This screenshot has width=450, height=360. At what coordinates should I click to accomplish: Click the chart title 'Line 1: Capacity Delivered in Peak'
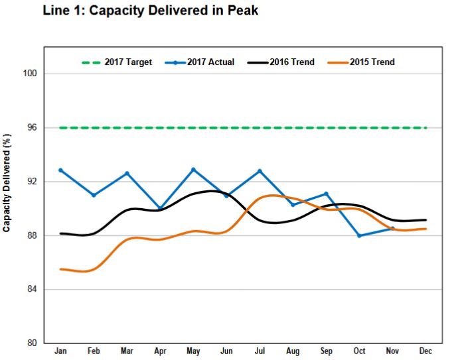(149, 11)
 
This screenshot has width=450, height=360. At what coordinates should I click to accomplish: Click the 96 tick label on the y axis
(32, 127)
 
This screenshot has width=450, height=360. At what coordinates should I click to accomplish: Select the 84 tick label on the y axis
(32, 290)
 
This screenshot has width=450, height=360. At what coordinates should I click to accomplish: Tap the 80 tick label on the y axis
(32, 343)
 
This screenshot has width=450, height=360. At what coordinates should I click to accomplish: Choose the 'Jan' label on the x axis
(60, 351)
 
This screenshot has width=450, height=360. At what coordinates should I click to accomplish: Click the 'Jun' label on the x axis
(226, 351)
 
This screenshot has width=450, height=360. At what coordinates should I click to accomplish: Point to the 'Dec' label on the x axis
(425, 351)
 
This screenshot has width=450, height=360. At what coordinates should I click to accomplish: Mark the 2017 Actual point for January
(60, 170)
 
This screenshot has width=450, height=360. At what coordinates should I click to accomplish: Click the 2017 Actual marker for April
(160, 209)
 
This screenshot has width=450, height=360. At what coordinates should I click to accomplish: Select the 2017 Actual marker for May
(193, 170)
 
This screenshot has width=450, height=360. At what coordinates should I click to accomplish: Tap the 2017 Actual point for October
(359, 235)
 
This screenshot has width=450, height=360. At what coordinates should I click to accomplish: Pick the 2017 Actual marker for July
(260, 171)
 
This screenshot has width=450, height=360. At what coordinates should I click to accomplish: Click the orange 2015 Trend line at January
(60, 269)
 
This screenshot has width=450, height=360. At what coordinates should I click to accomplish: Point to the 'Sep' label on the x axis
(326, 351)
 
